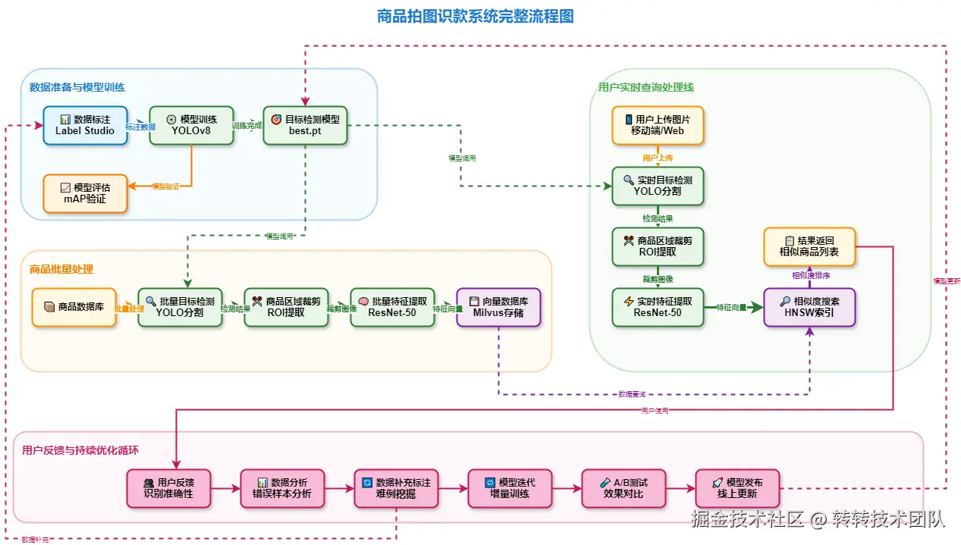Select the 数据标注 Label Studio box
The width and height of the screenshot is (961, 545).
coord(85,125)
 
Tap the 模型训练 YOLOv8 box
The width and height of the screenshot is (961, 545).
coord(191,125)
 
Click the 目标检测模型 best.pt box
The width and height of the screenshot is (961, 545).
coord(305,125)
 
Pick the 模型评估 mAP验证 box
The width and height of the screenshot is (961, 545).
coord(85,193)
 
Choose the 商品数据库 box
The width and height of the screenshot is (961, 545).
coord(74,307)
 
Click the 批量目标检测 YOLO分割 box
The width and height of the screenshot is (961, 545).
coord(180,307)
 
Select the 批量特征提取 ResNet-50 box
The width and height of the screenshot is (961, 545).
coord(392,307)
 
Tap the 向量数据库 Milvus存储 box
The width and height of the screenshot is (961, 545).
coord(498,307)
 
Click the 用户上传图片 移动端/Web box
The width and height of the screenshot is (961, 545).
coord(658,125)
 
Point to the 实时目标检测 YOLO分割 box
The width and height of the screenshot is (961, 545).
coord(658,186)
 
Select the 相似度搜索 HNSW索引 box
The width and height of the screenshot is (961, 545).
coord(809,307)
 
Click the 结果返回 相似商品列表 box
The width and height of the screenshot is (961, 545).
coord(809,246)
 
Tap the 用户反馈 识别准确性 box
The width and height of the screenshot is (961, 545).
coord(168,488)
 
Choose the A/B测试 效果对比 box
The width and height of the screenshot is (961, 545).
coord(623,488)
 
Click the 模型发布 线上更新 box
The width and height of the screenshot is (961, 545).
coord(737,488)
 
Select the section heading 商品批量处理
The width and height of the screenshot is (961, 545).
coord(61,269)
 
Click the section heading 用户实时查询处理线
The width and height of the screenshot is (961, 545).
coord(645,87)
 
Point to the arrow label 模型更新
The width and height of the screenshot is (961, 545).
coord(947,280)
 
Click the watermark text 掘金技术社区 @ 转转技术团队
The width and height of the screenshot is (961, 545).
coord(818,520)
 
